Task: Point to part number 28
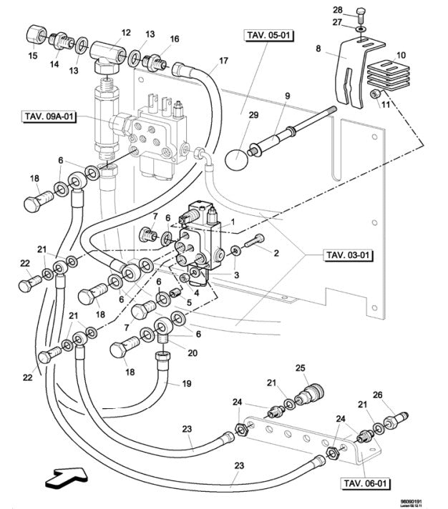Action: [357, 9]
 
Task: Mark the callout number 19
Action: [186, 384]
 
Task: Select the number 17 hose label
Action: [223, 60]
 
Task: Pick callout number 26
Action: [377, 394]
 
